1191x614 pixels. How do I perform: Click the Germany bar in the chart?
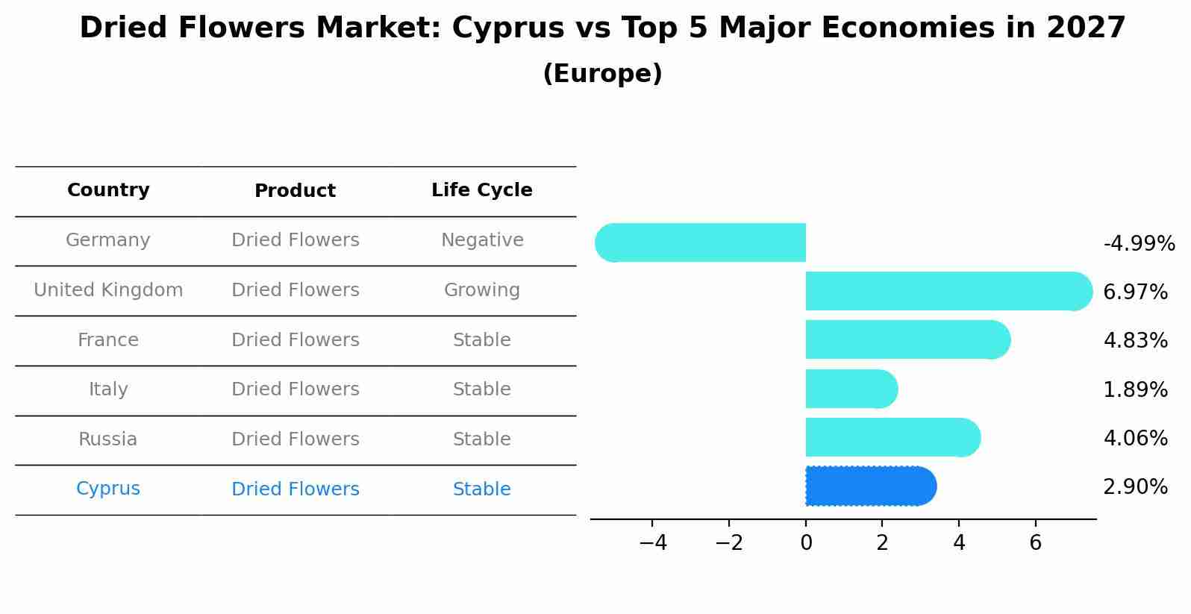click(701, 242)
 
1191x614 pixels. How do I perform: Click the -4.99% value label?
click(1139, 244)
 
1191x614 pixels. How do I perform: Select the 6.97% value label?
click(1135, 292)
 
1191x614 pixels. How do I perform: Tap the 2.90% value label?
click(1135, 487)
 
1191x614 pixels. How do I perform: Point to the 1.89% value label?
click(1135, 389)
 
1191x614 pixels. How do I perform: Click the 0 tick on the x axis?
click(806, 543)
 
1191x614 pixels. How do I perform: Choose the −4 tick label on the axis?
click(652, 543)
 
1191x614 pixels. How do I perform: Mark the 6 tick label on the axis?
click(1035, 543)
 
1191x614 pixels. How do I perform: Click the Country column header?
click(108, 190)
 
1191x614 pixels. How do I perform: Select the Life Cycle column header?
click(482, 190)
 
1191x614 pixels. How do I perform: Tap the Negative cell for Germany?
click(482, 240)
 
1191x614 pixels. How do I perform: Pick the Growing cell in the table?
click(482, 290)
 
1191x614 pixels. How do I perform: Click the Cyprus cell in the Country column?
click(108, 489)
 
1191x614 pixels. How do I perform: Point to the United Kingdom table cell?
click(108, 290)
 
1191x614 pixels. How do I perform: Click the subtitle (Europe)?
click(602, 74)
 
